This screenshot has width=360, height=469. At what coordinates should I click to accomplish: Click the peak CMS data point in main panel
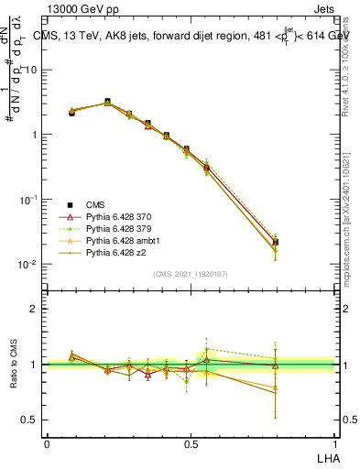(x=107, y=102)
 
